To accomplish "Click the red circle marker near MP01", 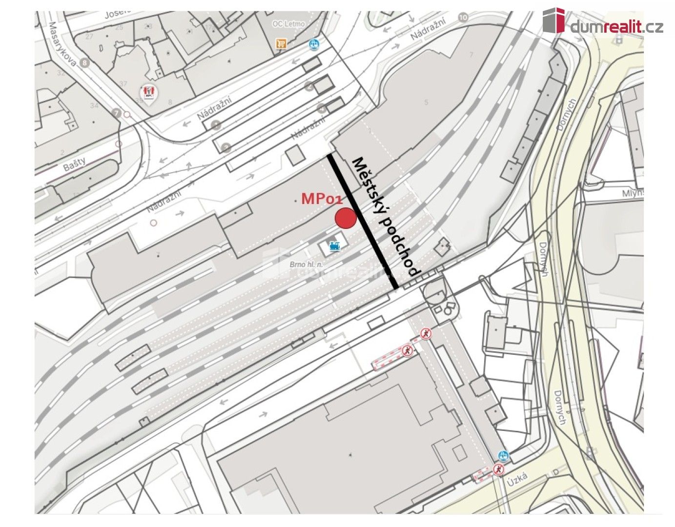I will tap(346, 218).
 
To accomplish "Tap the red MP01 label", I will tap(323, 199).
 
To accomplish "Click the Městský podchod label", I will tap(386, 217).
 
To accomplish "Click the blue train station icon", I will tap(334, 246).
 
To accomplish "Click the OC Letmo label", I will tap(288, 23).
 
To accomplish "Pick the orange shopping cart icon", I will tap(281, 44).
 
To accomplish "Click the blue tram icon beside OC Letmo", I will tap(314, 45).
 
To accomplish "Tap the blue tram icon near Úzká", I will tap(503, 456).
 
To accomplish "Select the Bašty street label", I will tap(74, 163).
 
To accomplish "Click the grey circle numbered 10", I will tap(463, 18).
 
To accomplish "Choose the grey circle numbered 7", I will tap(116, 113).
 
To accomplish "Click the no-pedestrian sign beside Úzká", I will tap(498, 470).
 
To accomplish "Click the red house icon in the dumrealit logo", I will tap(553, 20).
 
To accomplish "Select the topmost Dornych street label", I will tap(567, 115).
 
